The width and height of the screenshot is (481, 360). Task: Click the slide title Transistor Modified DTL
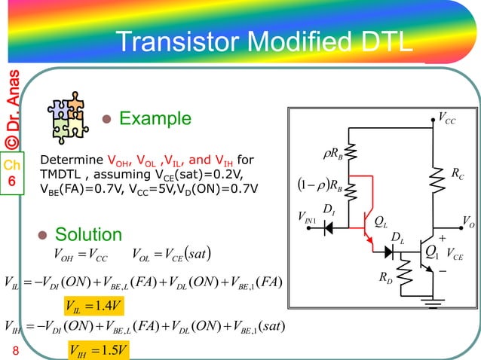pos(264,42)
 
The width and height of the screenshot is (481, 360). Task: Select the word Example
pos(155,119)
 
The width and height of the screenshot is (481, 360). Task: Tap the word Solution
pos(85,234)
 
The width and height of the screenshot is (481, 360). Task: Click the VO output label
pos(470,221)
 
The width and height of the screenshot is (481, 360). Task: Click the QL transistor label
pos(382,221)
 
